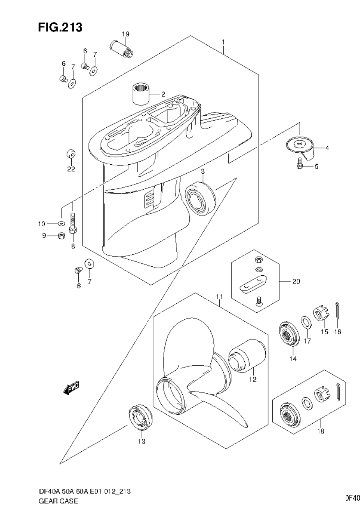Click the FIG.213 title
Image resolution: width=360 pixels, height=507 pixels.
[x=60, y=27]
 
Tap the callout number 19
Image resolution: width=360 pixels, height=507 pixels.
[x=125, y=34]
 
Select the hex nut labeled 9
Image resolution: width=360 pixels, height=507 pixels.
[x=61, y=235]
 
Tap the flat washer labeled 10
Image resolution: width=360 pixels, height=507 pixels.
[x=61, y=224]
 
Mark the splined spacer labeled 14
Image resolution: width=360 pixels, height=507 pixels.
[x=289, y=334]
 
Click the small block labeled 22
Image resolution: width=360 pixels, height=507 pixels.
[x=71, y=155]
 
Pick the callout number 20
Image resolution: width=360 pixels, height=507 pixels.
[x=296, y=281]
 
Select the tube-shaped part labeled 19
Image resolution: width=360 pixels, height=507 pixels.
[x=122, y=49]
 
